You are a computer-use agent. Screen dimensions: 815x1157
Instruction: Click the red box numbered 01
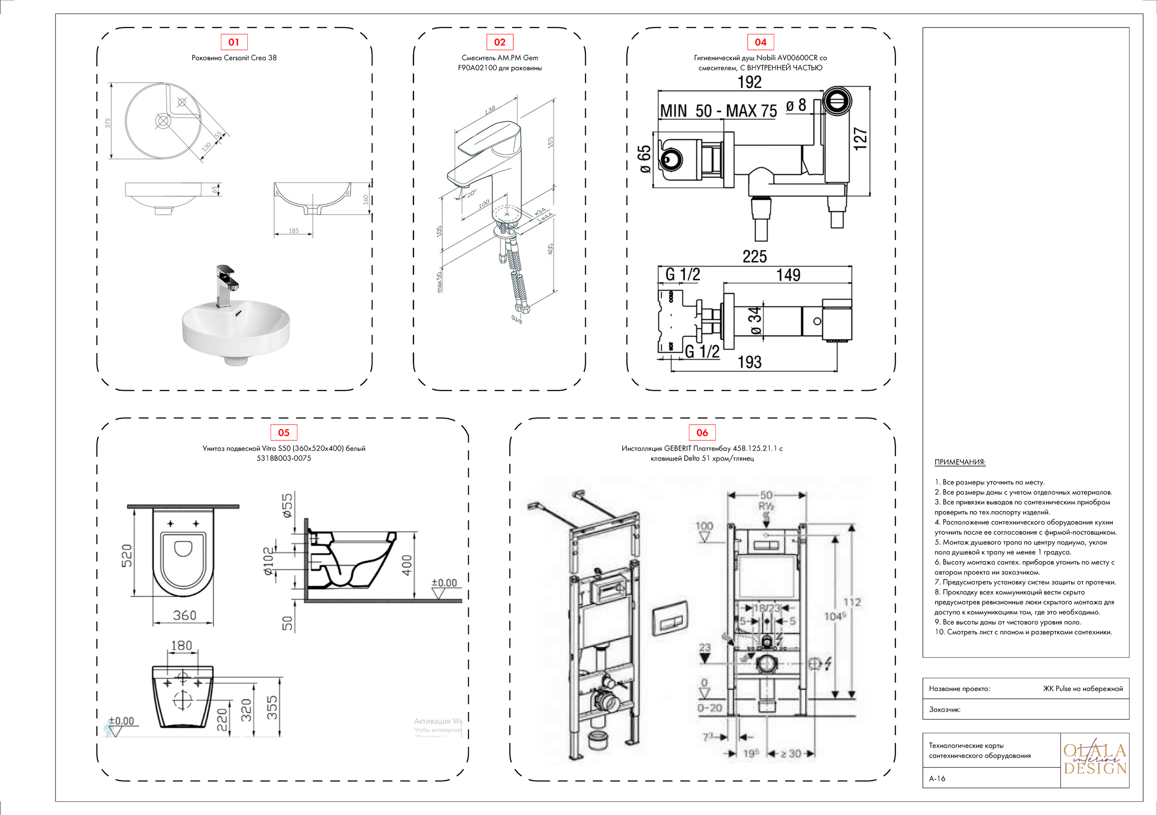234,42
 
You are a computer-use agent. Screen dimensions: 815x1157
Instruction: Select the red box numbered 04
760,42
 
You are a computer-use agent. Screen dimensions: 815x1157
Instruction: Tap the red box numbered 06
702,432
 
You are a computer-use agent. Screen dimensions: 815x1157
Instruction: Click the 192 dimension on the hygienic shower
749,82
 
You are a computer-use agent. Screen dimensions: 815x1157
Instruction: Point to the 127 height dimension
861,139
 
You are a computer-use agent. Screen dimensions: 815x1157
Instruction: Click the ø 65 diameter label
644,159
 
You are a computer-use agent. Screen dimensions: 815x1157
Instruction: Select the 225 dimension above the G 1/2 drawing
754,257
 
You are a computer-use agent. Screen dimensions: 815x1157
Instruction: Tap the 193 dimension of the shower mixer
749,362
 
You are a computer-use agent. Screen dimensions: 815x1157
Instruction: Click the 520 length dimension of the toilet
127,556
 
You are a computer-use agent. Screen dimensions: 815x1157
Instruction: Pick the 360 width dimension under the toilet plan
184,615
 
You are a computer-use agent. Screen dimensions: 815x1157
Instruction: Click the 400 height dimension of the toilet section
407,565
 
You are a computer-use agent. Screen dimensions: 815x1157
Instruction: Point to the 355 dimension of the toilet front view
272,707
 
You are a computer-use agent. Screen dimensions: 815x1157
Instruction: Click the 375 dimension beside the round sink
107,123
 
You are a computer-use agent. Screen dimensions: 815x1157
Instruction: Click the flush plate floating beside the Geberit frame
670,618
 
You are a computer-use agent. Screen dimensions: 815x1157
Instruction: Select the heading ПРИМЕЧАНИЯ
960,462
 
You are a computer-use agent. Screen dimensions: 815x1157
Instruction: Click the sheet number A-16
937,778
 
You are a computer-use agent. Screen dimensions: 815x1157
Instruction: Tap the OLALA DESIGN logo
1095,759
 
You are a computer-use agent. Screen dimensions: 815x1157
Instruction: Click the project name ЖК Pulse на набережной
1082,688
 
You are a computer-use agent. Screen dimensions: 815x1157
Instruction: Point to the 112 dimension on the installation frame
851,602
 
